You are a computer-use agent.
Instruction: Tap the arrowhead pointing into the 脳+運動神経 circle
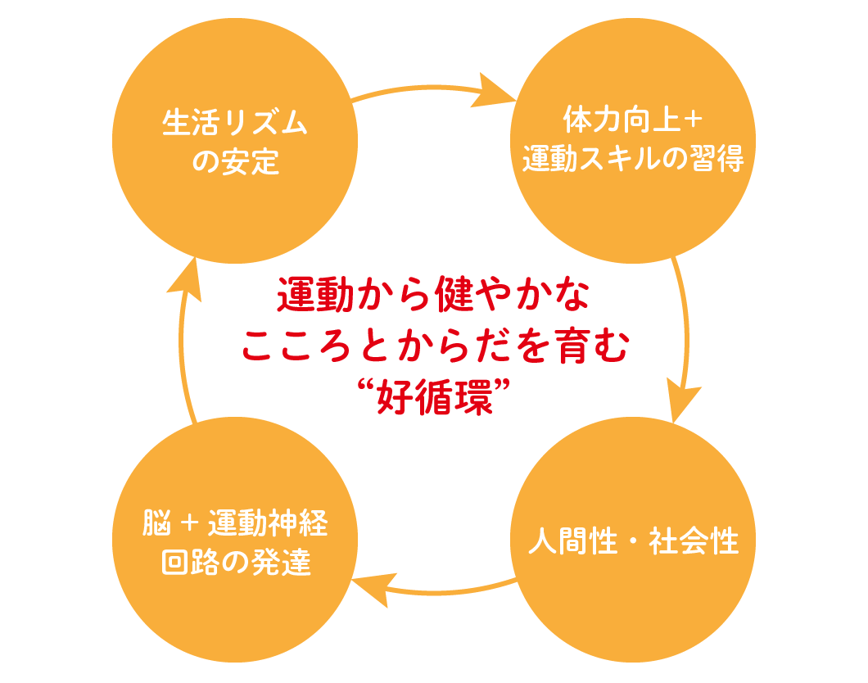[373, 586]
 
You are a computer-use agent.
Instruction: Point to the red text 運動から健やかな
[433, 296]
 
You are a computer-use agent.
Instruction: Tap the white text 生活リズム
[235, 124]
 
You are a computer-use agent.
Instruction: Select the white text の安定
[235, 161]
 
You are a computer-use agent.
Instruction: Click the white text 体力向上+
[633, 121]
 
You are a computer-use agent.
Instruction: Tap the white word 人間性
[572, 541]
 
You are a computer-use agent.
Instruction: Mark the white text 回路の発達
[235, 563]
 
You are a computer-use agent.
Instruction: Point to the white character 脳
[156, 523]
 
